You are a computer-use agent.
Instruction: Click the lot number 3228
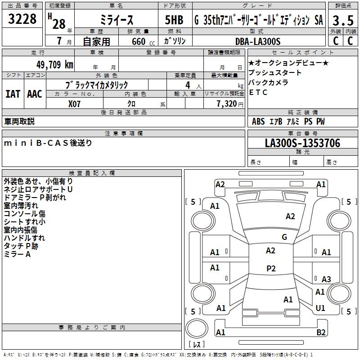click(x=23, y=19)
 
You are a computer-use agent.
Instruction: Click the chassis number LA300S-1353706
click(x=302, y=143)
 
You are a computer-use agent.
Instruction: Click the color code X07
click(x=75, y=103)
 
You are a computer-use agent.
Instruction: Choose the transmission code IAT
click(x=13, y=94)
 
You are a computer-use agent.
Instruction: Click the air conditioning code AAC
click(x=35, y=94)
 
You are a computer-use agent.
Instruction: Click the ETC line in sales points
click(x=258, y=93)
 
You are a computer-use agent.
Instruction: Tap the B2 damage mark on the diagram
click(x=321, y=333)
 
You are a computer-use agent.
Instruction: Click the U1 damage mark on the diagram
click(x=320, y=308)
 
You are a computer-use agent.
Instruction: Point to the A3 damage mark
click(x=326, y=279)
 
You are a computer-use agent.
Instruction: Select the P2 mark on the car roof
click(x=270, y=269)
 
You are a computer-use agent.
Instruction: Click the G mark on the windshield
click(x=284, y=237)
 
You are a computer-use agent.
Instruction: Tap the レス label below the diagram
click(x=197, y=345)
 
